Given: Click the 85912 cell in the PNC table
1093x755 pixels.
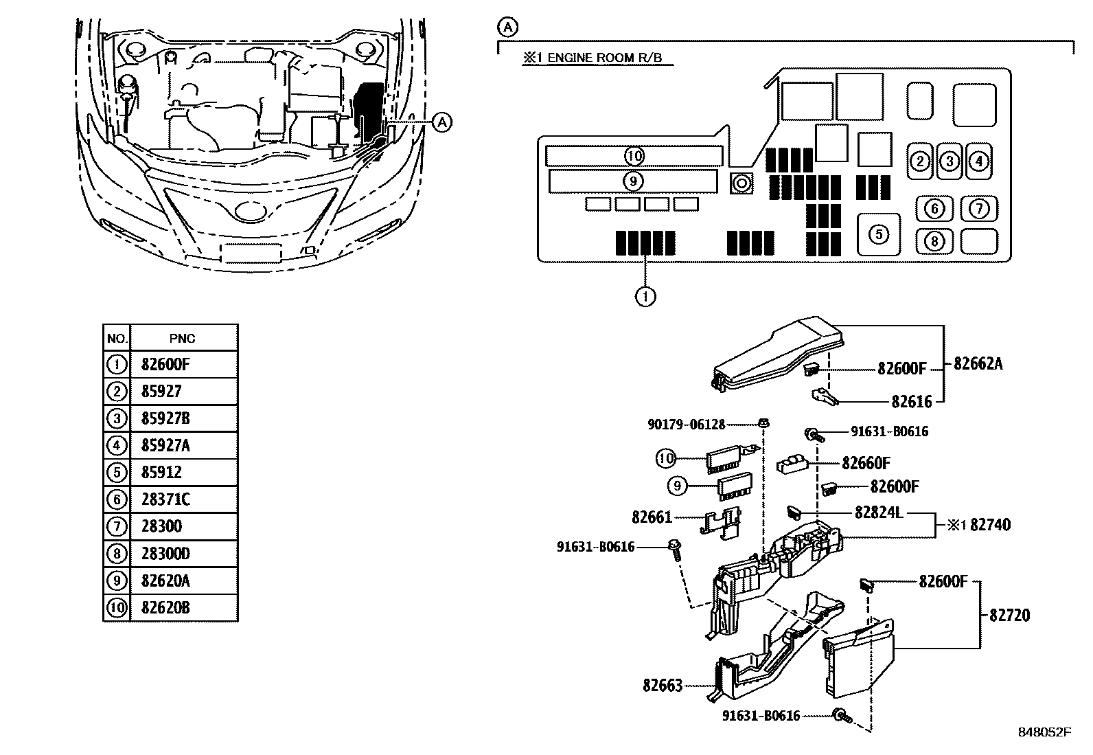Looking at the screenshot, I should (x=161, y=473).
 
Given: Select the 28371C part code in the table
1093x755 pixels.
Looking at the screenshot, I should (x=165, y=499).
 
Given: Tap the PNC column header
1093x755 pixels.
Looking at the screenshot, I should (x=182, y=338).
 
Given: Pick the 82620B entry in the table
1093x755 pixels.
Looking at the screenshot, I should (x=165, y=608).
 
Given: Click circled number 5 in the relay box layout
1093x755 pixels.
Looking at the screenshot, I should (x=879, y=234).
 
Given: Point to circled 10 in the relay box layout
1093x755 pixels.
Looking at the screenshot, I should (x=634, y=156).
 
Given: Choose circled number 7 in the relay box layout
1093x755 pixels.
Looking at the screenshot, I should (x=978, y=208).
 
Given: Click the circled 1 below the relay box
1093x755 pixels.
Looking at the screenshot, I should (x=645, y=296).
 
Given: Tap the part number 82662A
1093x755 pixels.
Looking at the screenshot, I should (x=978, y=364).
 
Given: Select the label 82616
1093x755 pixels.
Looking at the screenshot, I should (x=912, y=401).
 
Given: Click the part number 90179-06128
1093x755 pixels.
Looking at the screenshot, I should (x=686, y=425).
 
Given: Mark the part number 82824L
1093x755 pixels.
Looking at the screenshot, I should (x=879, y=512).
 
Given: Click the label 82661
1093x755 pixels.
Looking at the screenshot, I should (x=652, y=516).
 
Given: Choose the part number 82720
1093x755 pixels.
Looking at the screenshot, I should (x=1009, y=615).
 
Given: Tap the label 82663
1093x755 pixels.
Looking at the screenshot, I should (x=663, y=685).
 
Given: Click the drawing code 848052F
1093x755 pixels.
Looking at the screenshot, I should (x=1044, y=732).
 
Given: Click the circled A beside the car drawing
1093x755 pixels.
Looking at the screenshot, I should (x=443, y=122).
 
